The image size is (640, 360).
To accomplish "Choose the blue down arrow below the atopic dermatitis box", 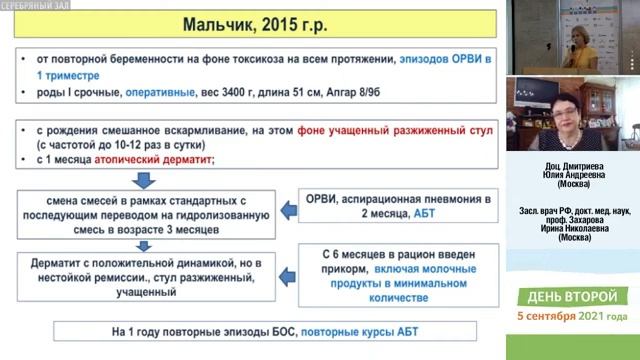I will click(142, 180).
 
